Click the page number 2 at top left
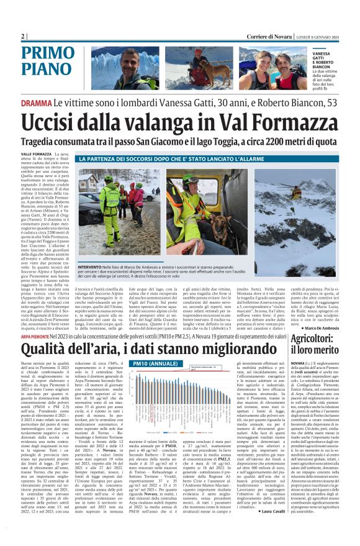click(x=22, y=36)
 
